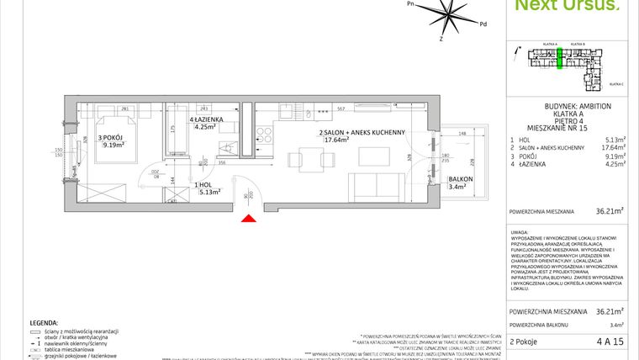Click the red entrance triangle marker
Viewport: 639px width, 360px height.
(x=248, y=219)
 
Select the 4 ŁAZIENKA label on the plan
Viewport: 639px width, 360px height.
(x=205, y=120)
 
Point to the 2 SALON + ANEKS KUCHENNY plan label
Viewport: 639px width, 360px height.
(x=362, y=133)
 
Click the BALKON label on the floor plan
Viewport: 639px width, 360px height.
(x=460, y=180)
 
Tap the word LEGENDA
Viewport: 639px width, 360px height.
(x=43, y=322)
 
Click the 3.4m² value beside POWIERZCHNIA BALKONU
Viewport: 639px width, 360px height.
(x=616, y=324)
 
